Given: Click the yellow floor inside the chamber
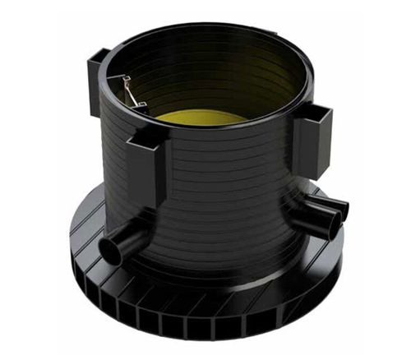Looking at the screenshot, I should pyautogui.click(x=201, y=117).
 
